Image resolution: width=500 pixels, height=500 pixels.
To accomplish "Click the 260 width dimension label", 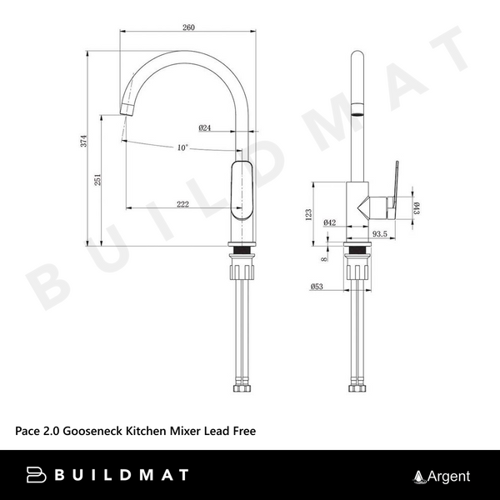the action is pos(188,27).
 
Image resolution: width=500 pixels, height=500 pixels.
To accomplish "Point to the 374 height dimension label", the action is pos(83,141).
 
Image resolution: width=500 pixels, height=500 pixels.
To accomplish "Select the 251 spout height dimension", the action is pos(97,179).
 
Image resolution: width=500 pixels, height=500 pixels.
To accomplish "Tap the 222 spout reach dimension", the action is pos(182,204).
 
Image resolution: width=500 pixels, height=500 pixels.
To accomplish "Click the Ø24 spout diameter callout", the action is pos(205,127).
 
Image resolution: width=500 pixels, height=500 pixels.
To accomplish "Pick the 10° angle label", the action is pos(182,147).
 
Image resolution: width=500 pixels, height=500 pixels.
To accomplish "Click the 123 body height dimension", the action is pos(308,215).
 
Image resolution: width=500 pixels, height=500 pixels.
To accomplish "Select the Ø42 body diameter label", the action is pos(330,222).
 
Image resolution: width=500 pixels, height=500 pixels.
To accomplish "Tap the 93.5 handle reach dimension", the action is pos(380,233).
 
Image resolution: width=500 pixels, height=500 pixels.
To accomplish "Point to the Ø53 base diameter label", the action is pos(317,287).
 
